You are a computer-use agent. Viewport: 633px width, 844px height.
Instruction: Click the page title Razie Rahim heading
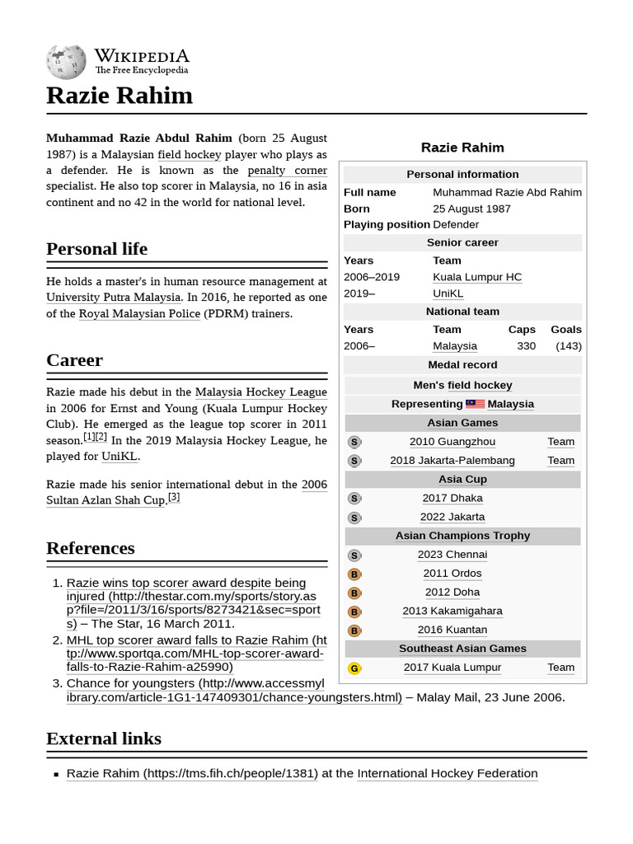(120, 96)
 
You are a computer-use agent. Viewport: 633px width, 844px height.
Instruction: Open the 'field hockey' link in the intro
(190, 154)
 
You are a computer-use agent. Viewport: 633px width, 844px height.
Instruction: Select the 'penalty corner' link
(287, 170)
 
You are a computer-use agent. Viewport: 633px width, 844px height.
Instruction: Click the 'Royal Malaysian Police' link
(139, 313)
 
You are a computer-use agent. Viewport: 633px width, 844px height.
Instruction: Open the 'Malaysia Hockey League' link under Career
(260, 392)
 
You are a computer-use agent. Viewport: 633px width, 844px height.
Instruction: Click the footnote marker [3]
(174, 498)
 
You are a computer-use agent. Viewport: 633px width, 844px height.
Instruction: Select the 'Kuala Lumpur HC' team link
(477, 277)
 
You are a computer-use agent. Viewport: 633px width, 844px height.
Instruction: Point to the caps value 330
(526, 346)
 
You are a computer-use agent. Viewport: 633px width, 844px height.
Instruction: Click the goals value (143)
(568, 346)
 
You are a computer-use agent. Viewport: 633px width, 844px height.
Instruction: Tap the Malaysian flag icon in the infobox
(475, 404)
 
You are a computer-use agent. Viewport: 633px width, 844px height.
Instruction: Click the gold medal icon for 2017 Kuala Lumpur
(354, 668)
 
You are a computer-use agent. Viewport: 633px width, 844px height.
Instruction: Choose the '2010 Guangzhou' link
(452, 442)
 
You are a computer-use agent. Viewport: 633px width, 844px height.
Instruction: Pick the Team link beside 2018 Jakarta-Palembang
(560, 461)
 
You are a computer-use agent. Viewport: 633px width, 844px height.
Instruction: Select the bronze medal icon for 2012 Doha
(354, 593)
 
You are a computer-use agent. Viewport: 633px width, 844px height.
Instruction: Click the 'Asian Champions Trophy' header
(462, 536)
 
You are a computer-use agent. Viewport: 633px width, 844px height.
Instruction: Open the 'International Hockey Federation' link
(447, 773)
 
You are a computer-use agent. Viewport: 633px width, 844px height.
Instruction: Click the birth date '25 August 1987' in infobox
(471, 209)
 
